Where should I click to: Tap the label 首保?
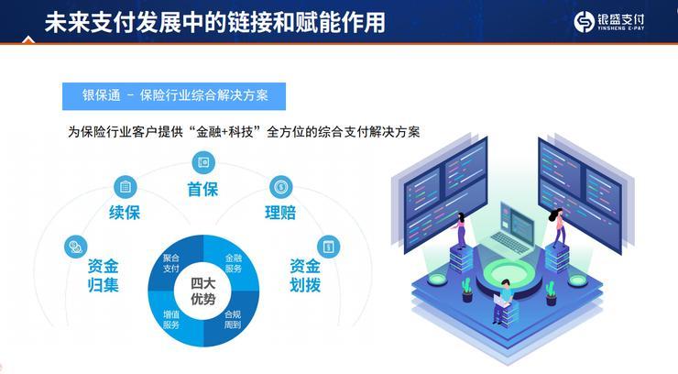(202, 190)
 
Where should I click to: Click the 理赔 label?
(280, 214)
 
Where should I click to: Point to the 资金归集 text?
(103, 276)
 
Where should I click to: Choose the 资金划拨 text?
(305, 276)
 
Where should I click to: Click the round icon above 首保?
(202, 163)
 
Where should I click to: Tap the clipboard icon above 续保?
(125, 187)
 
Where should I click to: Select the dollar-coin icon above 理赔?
(281, 187)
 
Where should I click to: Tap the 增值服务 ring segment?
(171, 318)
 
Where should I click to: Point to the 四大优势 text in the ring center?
(202, 291)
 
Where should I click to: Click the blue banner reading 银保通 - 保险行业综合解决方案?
(173, 96)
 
